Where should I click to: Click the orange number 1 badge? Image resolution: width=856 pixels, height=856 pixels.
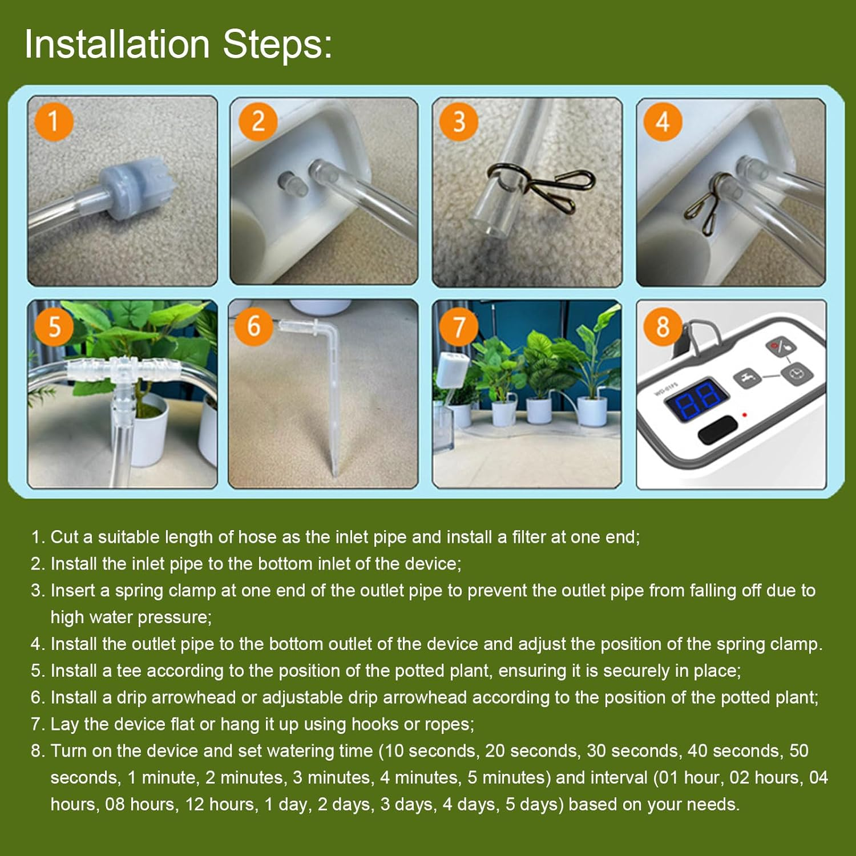(54, 122)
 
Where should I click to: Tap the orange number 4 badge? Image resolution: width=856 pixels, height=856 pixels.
(663, 122)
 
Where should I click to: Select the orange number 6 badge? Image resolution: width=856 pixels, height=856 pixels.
(253, 326)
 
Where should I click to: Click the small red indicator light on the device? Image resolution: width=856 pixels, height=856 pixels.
(744, 414)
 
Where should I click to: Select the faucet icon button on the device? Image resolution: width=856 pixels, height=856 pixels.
(748, 377)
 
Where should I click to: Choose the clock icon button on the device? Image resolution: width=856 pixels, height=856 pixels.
(797, 374)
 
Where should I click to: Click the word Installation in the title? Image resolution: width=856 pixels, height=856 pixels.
(117, 45)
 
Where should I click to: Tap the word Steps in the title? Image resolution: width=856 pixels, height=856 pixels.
(277, 45)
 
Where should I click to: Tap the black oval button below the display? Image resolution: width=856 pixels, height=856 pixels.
(717, 429)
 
